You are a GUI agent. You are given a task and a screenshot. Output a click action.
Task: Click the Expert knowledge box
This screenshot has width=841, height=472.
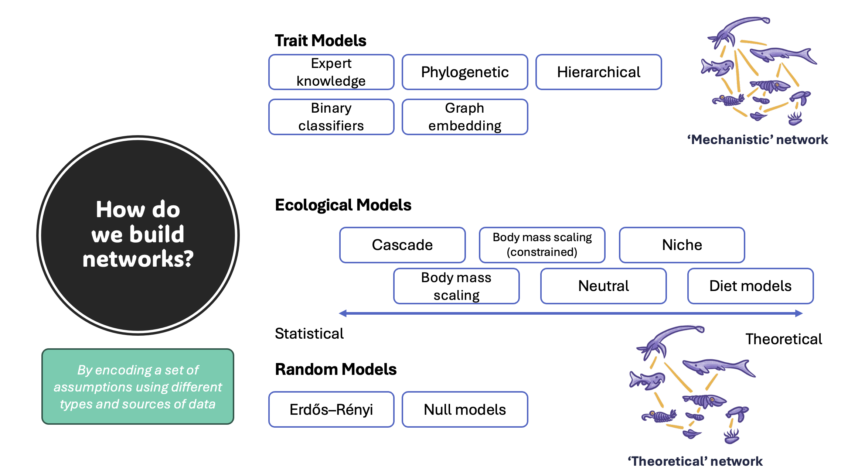(331, 72)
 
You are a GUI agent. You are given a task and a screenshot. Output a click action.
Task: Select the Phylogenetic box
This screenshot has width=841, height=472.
(465, 72)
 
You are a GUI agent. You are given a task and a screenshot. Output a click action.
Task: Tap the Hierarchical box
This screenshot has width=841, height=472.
(599, 72)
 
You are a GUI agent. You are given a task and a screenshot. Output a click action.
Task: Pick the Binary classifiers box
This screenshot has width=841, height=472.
(331, 117)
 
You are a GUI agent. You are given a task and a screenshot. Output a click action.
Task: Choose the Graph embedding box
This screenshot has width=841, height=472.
(465, 117)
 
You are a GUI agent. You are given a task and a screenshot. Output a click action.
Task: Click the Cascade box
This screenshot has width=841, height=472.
(402, 245)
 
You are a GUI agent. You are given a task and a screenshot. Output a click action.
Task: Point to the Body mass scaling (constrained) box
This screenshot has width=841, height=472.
(542, 245)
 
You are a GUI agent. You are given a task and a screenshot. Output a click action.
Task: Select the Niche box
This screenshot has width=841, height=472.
(682, 245)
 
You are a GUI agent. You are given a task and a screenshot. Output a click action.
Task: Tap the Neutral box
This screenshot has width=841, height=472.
(603, 286)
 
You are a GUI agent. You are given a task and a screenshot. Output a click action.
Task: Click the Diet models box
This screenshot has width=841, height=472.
(750, 286)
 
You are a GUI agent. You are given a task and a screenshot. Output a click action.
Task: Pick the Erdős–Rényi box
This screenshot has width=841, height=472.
(331, 409)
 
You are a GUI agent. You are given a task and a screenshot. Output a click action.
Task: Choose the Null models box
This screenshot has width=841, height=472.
(465, 409)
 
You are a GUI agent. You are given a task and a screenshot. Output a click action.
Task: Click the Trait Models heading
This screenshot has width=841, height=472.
(320, 41)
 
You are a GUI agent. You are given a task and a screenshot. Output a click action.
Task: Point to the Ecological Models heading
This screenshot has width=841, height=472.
(343, 205)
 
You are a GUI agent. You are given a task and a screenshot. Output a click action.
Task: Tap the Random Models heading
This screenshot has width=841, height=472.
(336, 369)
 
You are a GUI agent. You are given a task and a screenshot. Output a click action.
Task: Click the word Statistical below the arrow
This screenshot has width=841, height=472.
(309, 334)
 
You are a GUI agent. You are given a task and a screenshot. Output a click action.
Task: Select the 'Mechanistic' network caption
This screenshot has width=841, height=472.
(757, 140)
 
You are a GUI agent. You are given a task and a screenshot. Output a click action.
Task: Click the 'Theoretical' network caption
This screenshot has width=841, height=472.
(695, 461)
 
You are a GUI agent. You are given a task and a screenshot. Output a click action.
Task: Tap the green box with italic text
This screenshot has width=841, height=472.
(138, 386)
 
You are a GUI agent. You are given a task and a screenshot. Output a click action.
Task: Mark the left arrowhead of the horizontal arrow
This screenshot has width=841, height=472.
(343, 314)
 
